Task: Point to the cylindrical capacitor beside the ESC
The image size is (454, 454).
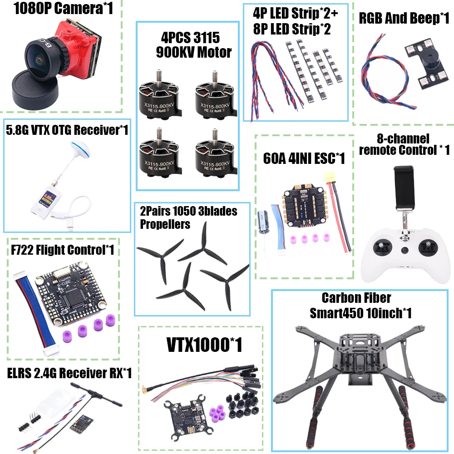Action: click(x=263, y=220)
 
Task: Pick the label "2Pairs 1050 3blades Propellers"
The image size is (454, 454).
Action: click(x=188, y=217)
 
